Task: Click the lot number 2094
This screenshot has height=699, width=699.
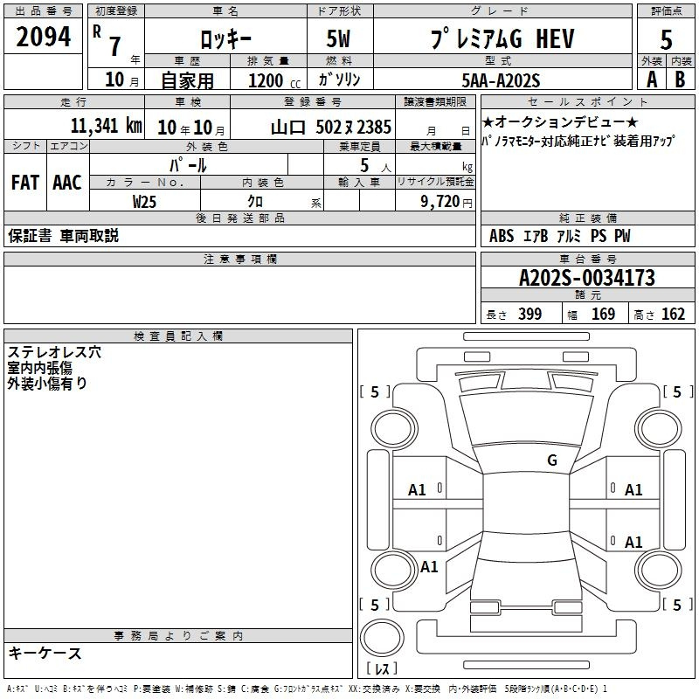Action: pyautogui.click(x=43, y=37)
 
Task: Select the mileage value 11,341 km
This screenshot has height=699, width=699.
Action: pyautogui.click(x=107, y=126)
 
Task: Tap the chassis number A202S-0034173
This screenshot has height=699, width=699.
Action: pyautogui.click(x=587, y=278)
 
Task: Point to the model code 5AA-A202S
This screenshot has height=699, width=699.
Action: pyautogui.click(x=501, y=80)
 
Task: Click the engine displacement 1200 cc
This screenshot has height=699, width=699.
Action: pyautogui.click(x=274, y=81)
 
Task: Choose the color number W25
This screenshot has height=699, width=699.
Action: pyautogui.click(x=144, y=202)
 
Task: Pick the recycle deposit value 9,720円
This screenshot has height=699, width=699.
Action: pyautogui.click(x=446, y=202)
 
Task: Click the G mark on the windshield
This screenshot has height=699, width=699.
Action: pyautogui.click(x=552, y=460)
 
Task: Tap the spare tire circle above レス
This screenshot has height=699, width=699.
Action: pyautogui.click(x=382, y=638)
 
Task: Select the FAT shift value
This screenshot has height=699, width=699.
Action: pyautogui.click(x=25, y=183)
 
